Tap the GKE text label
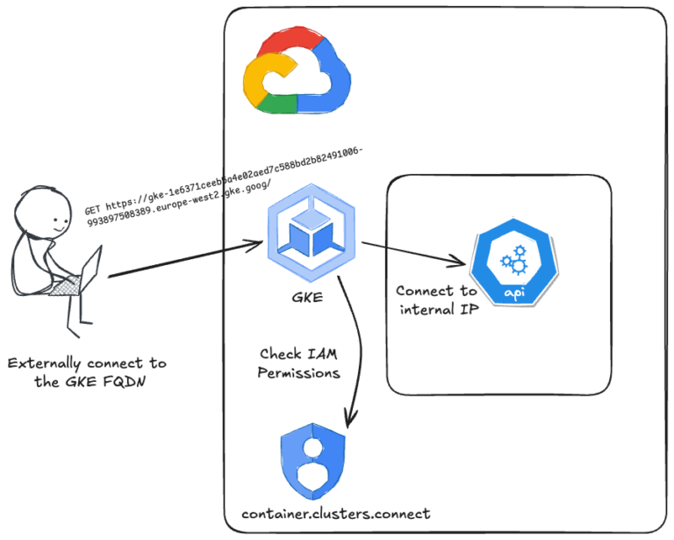(x=307, y=297)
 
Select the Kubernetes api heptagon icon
(x=512, y=263)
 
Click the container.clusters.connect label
(x=336, y=514)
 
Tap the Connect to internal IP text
(x=437, y=299)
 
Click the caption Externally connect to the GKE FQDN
(x=86, y=372)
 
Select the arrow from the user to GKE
(x=184, y=262)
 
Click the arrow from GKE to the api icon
(x=412, y=253)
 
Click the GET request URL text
(x=224, y=185)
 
